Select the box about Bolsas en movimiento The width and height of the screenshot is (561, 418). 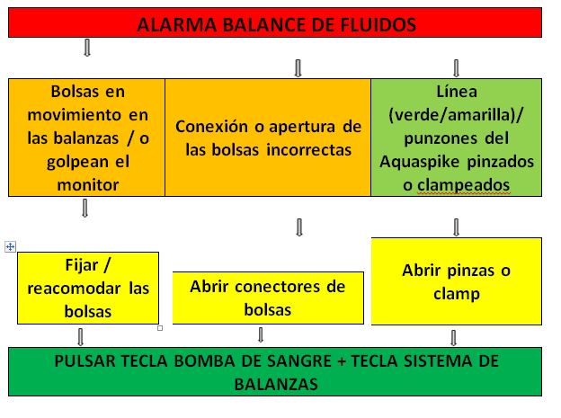pyautogui.click(x=86, y=137)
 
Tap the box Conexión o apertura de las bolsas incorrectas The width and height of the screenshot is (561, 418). pyautogui.click(x=268, y=137)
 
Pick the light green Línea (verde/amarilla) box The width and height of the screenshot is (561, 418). pyautogui.click(x=456, y=137)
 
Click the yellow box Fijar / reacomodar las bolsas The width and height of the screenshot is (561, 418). pyautogui.click(x=88, y=288)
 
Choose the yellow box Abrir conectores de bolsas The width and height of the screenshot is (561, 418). pyautogui.click(x=268, y=298)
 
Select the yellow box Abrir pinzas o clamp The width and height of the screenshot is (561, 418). pyautogui.click(x=456, y=280)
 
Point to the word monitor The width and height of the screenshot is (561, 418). pyautogui.click(x=87, y=183)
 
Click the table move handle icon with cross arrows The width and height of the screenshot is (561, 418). pyautogui.click(x=10, y=246)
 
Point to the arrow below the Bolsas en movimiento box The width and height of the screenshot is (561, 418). pyautogui.click(x=86, y=209)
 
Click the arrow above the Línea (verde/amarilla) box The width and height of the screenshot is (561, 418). pyautogui.click(x=456, y=67)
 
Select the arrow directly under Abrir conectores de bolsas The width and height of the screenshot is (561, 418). pyautogui.click(x=261, y=335)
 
